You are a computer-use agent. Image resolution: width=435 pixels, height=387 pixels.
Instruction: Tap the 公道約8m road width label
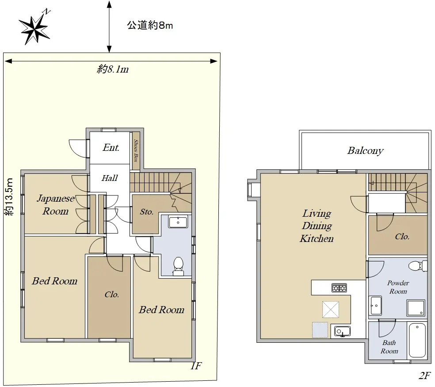(x=150, y=25)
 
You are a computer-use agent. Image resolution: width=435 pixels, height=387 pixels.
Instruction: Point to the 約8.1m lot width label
(x=113, y=69)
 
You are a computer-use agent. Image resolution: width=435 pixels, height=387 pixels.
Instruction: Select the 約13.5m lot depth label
(x=9, y=196)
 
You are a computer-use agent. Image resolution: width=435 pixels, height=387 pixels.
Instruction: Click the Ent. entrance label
(x=111, y=147)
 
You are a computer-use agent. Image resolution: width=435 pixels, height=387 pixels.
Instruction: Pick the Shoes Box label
(x=136, y=151)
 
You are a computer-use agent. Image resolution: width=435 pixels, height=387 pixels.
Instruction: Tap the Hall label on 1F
(x=110, y=178)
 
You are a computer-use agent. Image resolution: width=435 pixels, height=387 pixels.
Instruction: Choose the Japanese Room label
(x=56, y=205)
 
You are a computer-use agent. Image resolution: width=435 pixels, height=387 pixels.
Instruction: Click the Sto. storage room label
(x=146, y=212)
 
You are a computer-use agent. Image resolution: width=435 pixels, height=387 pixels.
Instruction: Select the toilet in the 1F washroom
(x=178, y=266)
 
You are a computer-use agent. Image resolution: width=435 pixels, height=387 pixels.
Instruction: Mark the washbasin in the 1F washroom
(x=178, y=222)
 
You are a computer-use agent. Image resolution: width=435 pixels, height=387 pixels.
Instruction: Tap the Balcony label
(x=365, y=150)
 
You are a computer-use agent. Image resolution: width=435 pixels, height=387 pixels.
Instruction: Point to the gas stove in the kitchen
(x=339, y=288)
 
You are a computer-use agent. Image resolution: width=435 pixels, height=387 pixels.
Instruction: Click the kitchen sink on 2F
(x=342, y=331)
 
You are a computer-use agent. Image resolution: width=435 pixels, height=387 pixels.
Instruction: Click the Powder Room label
(x=398, y=287)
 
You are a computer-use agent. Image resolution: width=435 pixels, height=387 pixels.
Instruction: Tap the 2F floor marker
(x=424, y=376)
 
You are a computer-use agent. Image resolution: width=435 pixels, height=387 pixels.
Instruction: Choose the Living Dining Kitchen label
(x=317, y=226)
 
